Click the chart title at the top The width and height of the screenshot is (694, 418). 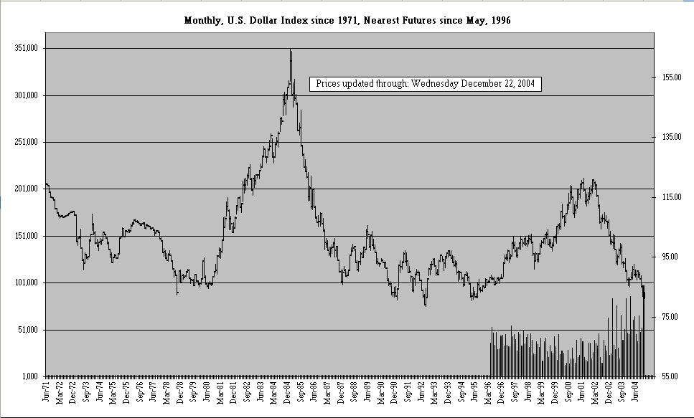[x=347, y=20]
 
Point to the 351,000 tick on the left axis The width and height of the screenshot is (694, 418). [x=26, y=49]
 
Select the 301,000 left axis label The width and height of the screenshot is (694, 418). [x=26, y=95]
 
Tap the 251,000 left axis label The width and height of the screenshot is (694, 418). [x=26, y=143]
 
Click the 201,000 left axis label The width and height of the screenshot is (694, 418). [x=26, y=189]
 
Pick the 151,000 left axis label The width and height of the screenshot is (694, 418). [x=26, y=236]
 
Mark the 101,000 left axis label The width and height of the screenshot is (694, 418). [x=26, y=283]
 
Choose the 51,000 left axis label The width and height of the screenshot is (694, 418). [x=27, y=330]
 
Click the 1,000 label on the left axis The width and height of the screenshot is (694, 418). [x=29, y=376]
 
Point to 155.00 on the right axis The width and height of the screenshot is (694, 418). [x=670, y=77]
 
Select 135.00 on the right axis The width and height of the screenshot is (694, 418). [x=670, y=136]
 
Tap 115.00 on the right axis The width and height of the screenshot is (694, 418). [x=670, y=196]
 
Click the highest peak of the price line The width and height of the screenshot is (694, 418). [x=291, y=50]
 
